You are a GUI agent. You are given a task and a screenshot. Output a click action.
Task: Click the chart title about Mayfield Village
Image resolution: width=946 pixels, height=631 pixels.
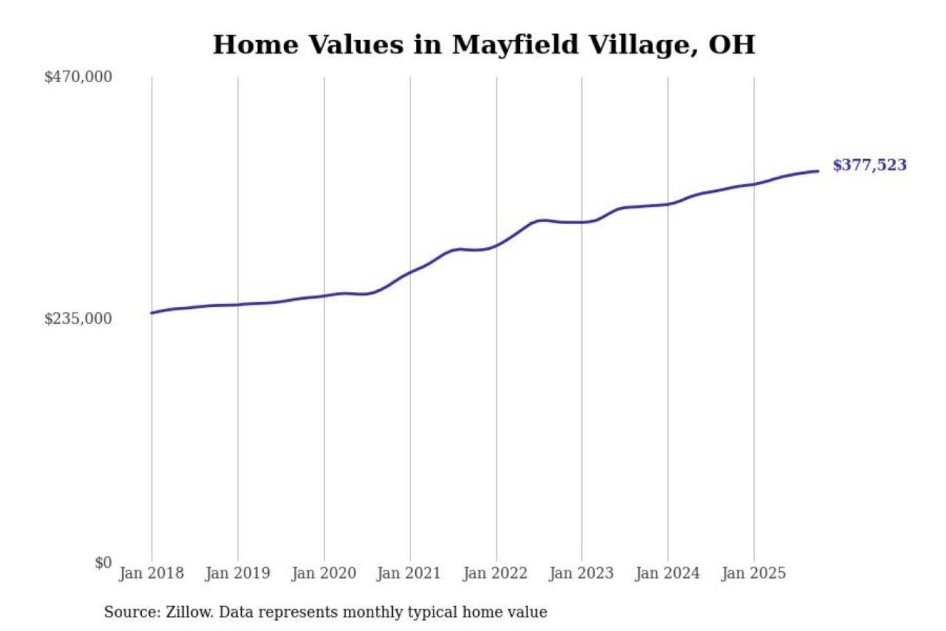(484, 45)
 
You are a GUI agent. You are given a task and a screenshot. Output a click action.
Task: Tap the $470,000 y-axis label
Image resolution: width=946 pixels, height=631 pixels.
(78, 77)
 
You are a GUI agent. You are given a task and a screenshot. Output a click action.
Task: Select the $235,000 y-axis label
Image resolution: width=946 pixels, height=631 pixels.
(78, 319)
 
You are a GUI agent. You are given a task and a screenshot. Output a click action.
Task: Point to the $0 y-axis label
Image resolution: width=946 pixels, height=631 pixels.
(103, 563)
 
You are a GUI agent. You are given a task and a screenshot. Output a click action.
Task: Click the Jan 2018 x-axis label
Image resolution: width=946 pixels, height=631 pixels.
(151, 573)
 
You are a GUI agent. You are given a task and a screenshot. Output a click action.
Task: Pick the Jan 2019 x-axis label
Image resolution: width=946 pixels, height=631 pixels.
(237, 573)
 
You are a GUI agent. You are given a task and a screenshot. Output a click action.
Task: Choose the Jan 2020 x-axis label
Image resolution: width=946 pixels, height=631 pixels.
(323, 573)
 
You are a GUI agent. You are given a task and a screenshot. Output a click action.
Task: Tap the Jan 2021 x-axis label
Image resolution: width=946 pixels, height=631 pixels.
(409, 573)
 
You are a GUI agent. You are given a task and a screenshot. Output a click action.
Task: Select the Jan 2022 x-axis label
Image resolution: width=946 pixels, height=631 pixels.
(495, 573)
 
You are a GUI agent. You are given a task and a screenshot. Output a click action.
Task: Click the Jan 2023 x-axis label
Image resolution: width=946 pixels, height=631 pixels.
(581, 573)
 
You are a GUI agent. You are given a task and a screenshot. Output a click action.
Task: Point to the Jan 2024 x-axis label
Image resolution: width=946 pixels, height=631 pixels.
(667, 573)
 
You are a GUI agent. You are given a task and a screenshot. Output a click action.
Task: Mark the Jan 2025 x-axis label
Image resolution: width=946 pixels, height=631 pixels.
(753, 573)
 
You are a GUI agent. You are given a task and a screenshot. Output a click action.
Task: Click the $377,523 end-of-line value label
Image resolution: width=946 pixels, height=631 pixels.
(869, 165)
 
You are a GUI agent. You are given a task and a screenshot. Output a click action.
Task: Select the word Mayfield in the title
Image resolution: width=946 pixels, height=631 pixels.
(516, 45)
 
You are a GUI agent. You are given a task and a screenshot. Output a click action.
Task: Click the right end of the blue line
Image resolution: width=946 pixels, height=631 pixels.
(818, 172)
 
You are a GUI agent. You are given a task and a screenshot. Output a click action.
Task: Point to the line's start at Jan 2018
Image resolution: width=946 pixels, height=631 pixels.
(152, 313)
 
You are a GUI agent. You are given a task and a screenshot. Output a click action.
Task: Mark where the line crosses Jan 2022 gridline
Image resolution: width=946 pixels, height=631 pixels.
(497, 245)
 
